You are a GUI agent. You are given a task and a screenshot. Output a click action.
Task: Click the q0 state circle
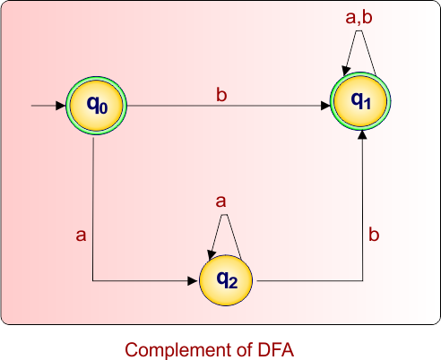tap(96, 106)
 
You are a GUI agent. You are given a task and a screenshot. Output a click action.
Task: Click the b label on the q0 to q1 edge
tap(220, 94)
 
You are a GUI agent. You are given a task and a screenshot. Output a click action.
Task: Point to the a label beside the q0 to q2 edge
tap(81, 235)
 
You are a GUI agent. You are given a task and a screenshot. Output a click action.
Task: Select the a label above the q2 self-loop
tap(220, 201)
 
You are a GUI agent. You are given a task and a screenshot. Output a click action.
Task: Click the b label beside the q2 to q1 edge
tap(374, 235)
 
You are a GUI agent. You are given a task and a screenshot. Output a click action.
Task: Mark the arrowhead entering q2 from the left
tap(192, 280)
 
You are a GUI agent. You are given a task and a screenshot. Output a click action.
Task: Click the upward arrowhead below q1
tap(362, 136)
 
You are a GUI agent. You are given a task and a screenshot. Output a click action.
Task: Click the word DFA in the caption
tap(274, 348)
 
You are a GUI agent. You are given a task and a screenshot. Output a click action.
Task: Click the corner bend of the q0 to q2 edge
tap(94, 280)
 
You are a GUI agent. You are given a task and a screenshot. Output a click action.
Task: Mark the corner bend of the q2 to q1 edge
tap(362, 280)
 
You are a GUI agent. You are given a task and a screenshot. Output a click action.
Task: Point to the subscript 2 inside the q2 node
tap(233, 284)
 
